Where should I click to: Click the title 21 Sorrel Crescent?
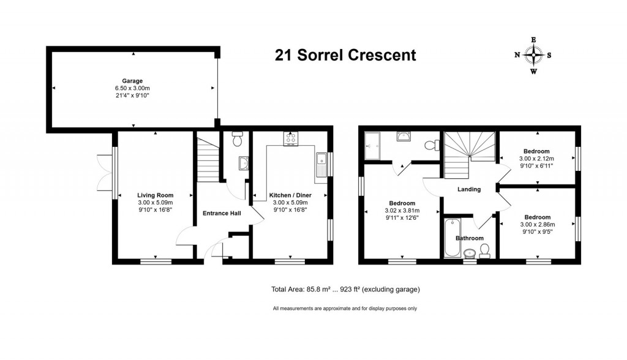pos(345,55)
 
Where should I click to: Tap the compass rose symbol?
pos(533,55)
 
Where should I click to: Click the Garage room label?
pos(132,81)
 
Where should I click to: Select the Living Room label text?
pos(155,195)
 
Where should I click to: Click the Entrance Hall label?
pos(222,214)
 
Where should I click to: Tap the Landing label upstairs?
pos(469,189)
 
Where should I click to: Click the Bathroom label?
pos(469,238)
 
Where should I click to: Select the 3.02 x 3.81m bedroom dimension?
pos(402,211)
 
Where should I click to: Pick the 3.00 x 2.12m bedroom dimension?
pos(536,159)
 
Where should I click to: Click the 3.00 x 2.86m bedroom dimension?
pos(536,225)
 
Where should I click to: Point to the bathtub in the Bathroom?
pos(449,238)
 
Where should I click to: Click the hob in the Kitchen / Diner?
pos(290,139)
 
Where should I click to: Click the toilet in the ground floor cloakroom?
pos(238,138)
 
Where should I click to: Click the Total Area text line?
pos(345,290)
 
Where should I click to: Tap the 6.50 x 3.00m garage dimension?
pos(132,88)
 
